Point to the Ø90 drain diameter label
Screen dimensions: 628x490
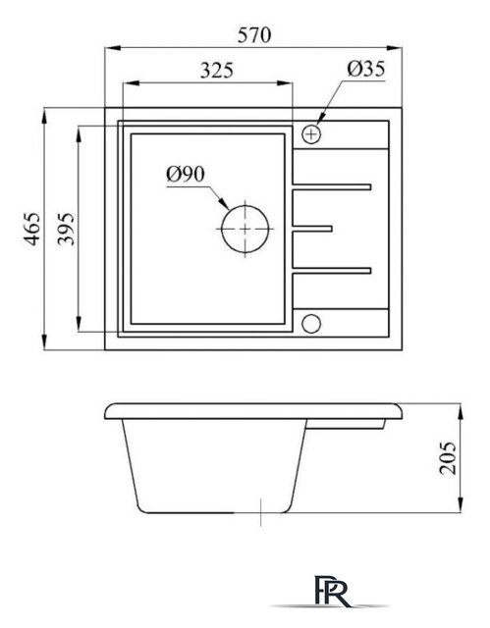pos(185,176)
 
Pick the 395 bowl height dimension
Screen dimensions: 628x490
pos(65,230)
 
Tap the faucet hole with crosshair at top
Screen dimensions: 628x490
pos(313,132)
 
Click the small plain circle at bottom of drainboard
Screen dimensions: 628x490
pos(313,324)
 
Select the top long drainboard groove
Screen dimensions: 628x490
pos(331,185)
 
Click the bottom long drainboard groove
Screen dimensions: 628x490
pos(331,270)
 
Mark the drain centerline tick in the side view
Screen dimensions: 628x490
pos(259,511)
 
